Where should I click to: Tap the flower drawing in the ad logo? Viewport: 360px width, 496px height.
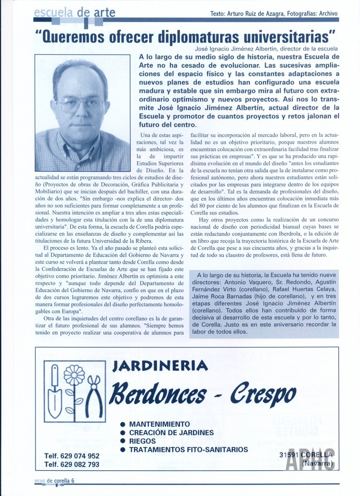point(74,375)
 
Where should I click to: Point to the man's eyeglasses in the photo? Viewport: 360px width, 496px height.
point(82,105)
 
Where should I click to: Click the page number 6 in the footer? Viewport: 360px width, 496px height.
point(73,480)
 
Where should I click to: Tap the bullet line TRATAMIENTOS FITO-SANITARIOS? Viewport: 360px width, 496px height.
point(188,450)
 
